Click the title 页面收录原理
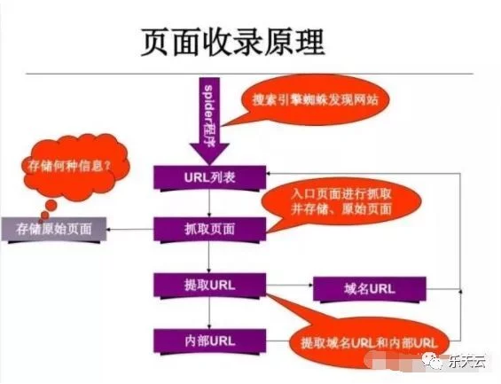(232, 43)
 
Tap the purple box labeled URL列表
(209, 177)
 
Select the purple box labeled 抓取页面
(209, 230)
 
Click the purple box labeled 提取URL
(209, 286)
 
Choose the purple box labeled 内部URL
(209, 341)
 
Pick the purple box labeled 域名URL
(370, 289)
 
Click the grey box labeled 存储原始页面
(54, 230)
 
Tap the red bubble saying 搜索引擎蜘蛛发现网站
(315, 99)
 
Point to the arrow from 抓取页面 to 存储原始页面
(130, 230)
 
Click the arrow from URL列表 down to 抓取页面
(209, 204)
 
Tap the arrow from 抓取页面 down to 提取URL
(209, 257)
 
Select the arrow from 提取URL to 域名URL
(289, 285)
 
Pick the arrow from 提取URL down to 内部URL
(209, 313)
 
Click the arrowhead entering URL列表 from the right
(269, 174)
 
